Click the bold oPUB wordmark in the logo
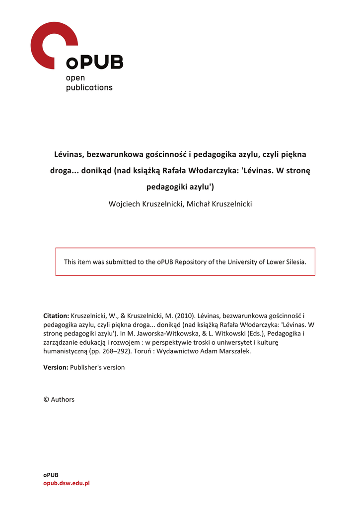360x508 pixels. pyautogui.click(x=94, y=63)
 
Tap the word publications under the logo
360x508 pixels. pyautogui.click(x=89, y=88)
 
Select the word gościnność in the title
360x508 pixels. pyautogui.click(x=163, y=154)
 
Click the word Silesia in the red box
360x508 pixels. pyautogui.click(x=294, y=262)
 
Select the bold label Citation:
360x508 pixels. pyautogui.click(x=56, y=316)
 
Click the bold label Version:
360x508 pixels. pyautogui.click(x=56, y=368)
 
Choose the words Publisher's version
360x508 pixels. pyautogui.click(x=97, y=368)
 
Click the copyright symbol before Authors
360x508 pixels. pyautogui.click(x=46, y=399)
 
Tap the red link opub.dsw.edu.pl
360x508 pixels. pyautogui.click(x=66, y=483)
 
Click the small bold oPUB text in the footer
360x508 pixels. pyautogui.click(x=51, y=475)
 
